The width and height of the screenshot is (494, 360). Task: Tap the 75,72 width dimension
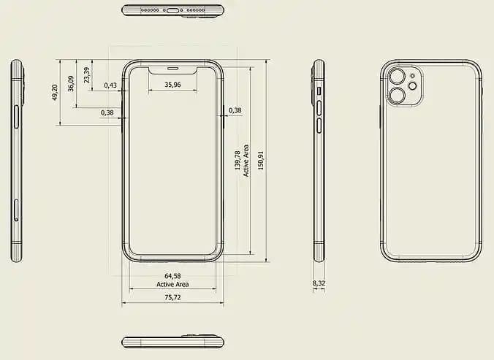coord(172,298)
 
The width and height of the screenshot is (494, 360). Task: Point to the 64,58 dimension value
coord(172,276)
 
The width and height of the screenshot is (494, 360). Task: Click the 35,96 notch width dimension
coord(172,85)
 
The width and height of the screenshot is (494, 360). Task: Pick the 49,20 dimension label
coord(55,92)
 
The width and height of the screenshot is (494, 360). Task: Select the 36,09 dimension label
coord(71,83)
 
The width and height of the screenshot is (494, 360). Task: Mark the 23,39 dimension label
coord(87,74)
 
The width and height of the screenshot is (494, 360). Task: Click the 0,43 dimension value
coord(110,85)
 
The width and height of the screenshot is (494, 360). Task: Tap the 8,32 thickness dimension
coord(319,283)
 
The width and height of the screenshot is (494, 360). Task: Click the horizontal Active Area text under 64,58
coord(172,284)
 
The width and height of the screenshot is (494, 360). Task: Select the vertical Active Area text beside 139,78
coord(246,161)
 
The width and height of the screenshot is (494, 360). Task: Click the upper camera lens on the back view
coord(398,77)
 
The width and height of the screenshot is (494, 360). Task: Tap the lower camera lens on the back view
coord(398,96)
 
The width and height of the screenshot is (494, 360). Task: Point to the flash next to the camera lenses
coord(413,86)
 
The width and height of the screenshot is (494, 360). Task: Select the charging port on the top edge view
coord(172,11)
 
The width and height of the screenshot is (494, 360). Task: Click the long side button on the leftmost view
coord(16,117)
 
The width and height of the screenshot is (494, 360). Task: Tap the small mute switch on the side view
coord(319,91)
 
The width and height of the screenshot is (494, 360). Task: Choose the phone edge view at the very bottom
coord(172,342)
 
